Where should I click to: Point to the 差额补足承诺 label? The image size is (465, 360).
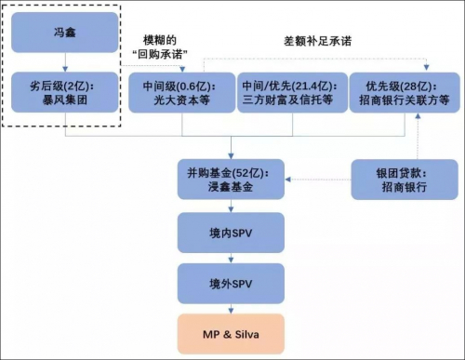click(318, 43)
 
